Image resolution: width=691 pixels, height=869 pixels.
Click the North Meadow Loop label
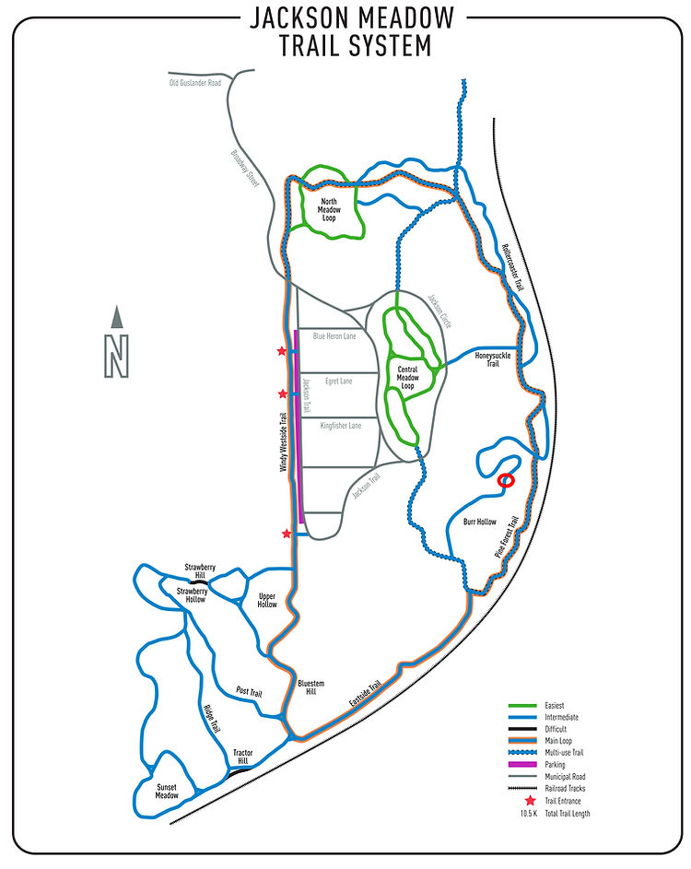pos(329,209)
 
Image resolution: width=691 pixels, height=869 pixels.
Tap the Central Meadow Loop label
pos(407,377)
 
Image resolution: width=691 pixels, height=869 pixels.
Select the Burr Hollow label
pos(479,522)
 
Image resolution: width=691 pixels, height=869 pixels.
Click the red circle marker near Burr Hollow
pos(505,480)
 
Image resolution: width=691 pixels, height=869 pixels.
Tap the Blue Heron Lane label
pos(334,336)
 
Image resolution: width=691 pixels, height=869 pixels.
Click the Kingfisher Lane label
pos(340,426)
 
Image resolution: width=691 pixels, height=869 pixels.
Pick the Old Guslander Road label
pos(195,83)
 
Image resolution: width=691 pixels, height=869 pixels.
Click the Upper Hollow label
pos(267,600)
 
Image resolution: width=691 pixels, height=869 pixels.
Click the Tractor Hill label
pos(241,757)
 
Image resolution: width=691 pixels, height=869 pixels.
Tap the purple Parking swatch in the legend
pos(527,764)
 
